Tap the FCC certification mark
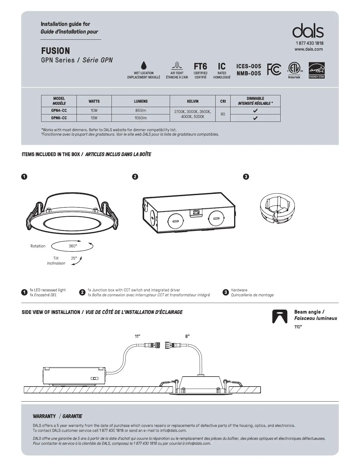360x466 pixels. click(x=274, y=69)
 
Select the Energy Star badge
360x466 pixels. click(x=316, y=70)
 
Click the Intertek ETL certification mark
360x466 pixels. click(x=294, y=69)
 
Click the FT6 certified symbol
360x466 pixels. click(x=200, y=66)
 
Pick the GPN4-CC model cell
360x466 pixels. click(x=59, y=111)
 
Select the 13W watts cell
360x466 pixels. click(x=94, y=118)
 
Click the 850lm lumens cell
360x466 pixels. click(x=141, y=111)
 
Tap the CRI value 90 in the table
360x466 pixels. click(x=223, y=114)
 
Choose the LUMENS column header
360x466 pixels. click(x=141, y=101)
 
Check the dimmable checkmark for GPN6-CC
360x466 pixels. click(x=255, y=118)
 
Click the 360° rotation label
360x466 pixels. click(x=73, y=246)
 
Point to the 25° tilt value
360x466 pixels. click(x=74, y=258)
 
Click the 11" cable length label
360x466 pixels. click(x=137, y=336)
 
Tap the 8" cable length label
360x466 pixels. click(x=187, y=336)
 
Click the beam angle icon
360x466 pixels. click(x=280, y=316)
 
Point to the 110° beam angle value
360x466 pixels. click(x=298, y=327)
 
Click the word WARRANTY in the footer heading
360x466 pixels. click(x=44, y=416)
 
